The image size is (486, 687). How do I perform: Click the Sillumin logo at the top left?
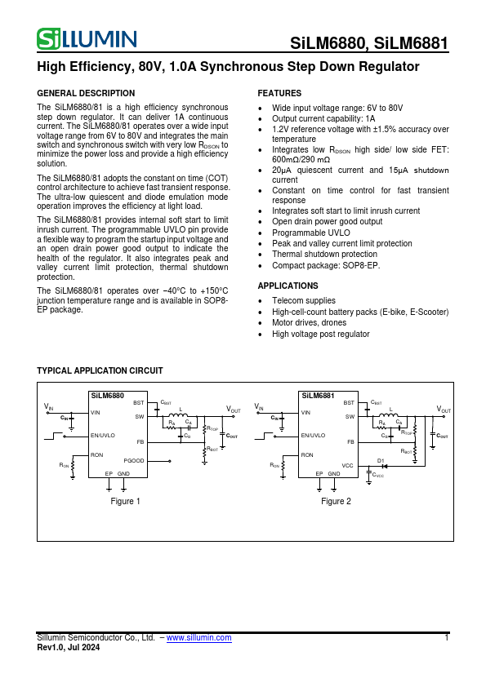pos(87,38)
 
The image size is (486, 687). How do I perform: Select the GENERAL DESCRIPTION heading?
pos(87,94)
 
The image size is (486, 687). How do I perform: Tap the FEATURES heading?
pos(279,94)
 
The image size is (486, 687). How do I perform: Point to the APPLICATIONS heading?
pos(288,286)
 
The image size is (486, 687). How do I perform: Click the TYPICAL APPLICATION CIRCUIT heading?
pos(100,370)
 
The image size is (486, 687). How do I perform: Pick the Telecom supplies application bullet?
pos(304,301)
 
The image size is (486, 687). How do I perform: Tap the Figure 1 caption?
pos(125,501)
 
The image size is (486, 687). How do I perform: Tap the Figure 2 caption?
pos(336,501)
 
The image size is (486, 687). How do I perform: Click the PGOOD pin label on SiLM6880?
pos(134,461)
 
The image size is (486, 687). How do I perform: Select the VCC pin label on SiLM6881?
pos(347,466)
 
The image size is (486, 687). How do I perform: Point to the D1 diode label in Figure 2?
pos(381,460)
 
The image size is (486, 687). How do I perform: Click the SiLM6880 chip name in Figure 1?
pos(107,396)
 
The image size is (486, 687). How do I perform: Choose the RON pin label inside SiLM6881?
pos(307,454)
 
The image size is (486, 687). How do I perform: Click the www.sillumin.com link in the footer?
pos(198,638)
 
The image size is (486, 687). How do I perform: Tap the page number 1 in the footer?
pos(447,638)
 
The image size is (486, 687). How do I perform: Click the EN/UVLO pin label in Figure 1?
pos(103,436)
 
